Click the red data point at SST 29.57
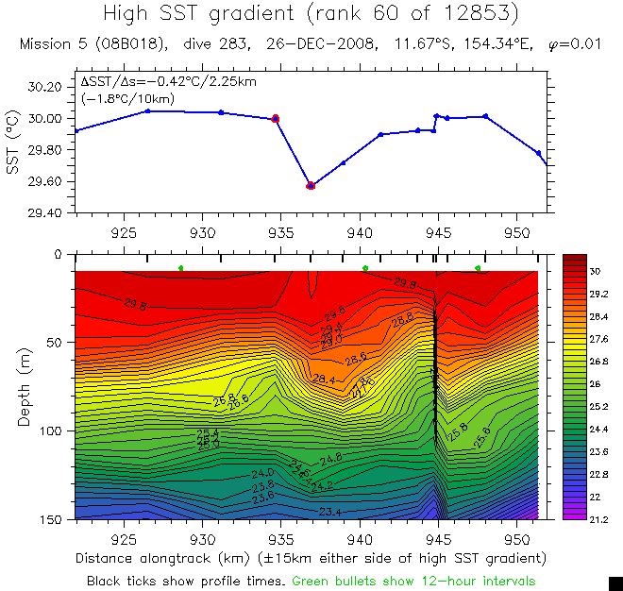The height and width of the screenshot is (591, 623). (311, 186)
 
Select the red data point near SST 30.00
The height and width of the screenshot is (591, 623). (276, 119)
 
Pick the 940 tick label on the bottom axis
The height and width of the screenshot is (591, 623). (360, 537)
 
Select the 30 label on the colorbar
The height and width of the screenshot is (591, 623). (596, 271)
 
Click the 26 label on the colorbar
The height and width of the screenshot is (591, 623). (596, 383)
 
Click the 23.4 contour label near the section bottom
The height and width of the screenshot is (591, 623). (330, 513)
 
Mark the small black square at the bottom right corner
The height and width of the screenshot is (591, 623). (615, 583)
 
